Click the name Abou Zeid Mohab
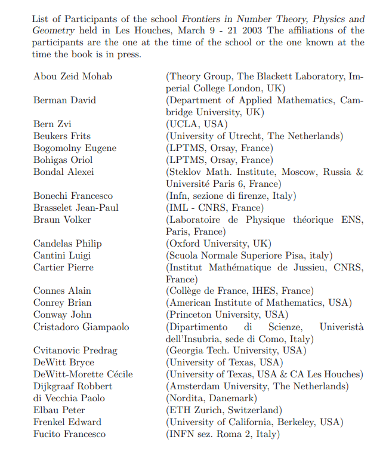73,76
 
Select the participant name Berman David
64,100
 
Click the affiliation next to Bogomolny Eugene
219,148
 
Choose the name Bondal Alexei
64,172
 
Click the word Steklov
186,172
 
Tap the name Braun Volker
62,220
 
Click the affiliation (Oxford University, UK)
218,244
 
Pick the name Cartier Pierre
63,267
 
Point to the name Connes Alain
62,291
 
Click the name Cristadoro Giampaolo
81,327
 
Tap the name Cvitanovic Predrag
75,350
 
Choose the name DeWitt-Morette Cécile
83,374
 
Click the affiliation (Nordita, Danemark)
211,398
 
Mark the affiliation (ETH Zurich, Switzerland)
224,410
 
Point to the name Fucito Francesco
69,434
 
